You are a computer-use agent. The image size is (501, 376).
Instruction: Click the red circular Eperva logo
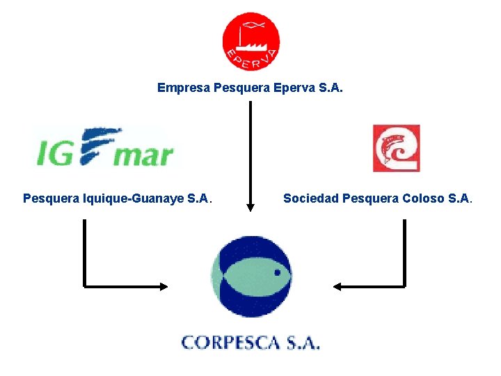point(250,42)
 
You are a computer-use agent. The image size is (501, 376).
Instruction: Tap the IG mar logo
point(104,148)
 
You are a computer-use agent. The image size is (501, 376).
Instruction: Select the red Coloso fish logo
point(396,148)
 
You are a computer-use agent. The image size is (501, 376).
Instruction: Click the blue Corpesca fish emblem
point(251,276)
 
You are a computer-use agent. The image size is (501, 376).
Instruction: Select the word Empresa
point(184,88)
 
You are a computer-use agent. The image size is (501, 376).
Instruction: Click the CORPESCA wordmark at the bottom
point(250,342)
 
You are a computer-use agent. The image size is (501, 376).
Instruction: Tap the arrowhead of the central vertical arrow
point(250,207)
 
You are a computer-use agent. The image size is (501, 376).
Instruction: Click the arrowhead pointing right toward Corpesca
point(164,286)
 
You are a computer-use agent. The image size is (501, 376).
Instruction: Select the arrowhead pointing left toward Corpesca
point(337,286)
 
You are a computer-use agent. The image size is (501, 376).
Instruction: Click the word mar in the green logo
point(143,155)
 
